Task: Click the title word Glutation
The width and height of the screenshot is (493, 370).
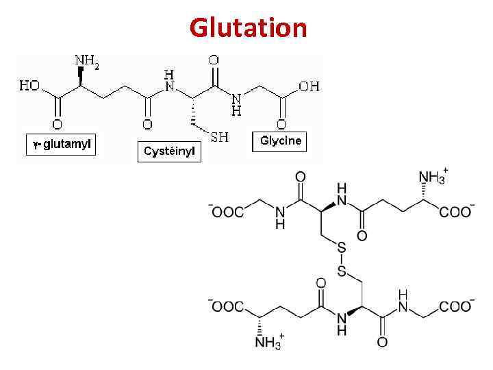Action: [249, 28]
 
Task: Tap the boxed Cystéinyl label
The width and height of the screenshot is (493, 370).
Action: [170, 151]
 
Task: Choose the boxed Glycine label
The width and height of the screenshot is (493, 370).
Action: [280, 141]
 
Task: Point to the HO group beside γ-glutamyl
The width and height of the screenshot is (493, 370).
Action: [29, 87]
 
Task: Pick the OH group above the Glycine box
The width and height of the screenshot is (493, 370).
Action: [308, 86]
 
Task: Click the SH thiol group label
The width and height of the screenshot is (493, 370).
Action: [219, 138]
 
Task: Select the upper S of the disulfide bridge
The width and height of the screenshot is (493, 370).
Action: [342, 247]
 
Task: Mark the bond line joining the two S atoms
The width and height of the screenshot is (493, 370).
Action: [342, 259]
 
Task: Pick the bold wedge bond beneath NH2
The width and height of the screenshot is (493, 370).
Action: [81, 77]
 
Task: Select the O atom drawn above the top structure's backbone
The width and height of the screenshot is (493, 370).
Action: [214, 61]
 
